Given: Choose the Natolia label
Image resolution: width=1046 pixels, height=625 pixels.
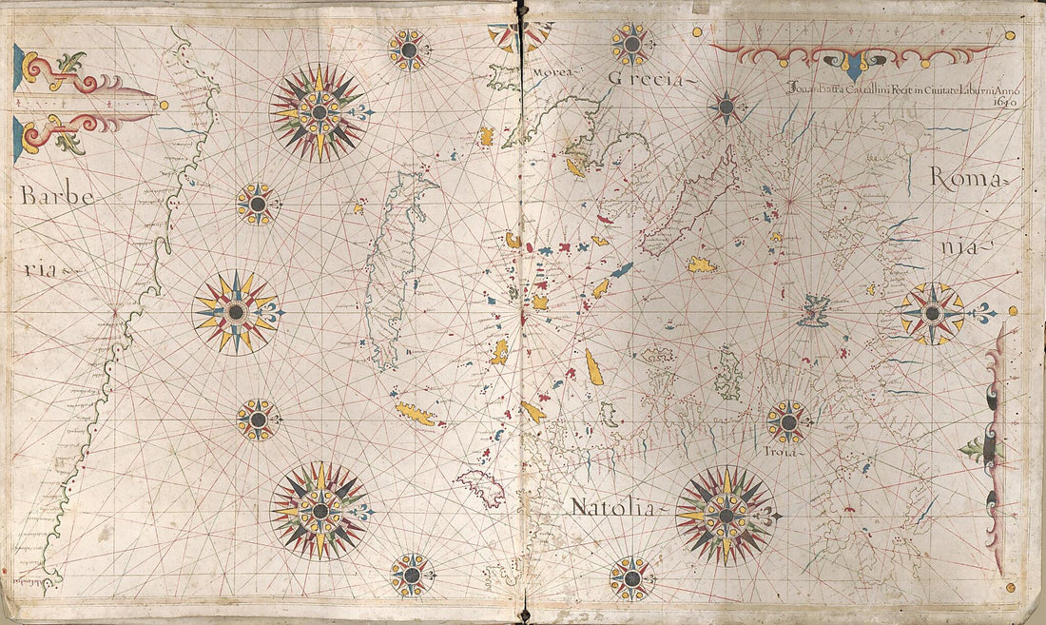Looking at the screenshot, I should [612, 508].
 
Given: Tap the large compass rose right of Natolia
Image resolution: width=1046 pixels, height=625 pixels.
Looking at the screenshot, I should [726, 515].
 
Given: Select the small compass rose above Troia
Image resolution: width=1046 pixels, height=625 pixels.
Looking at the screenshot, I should [787, 420].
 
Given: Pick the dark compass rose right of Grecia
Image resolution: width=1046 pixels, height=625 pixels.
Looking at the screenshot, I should [727, 107].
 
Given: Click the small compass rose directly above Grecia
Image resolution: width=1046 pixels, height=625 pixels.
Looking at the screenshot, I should [630, 44].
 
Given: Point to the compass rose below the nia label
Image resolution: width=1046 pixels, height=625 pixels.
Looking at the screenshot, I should [933, 313].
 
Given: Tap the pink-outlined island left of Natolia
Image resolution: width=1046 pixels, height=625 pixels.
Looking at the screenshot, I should [482, 488].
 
